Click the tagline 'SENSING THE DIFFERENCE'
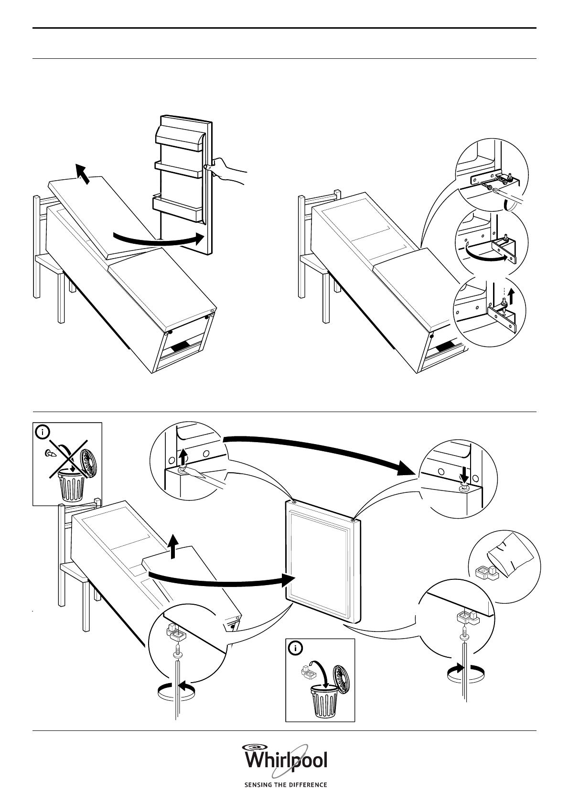pyautogui.click(x=286, y=785)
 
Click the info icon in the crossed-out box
pyautogui.click(x=43, y=433)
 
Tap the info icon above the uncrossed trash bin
pyautogui.click(x=296, y=649)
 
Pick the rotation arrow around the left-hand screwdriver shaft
pyautogui.click(x=176, y=689)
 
